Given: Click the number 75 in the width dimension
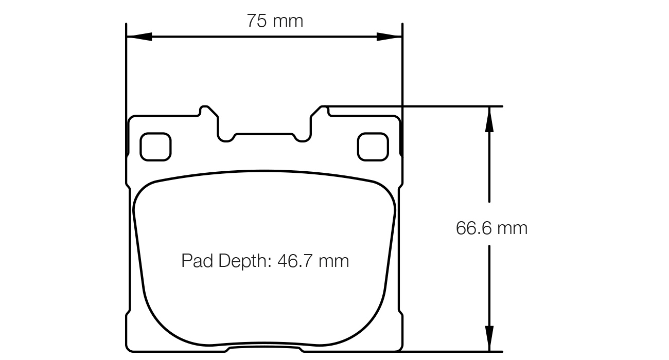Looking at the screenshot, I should (257, 21).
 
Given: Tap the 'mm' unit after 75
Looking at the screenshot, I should (288, 21).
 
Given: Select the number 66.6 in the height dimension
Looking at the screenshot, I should (472, 228).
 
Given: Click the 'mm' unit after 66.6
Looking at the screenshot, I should (512, 228).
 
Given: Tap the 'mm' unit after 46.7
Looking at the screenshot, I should (333, 261).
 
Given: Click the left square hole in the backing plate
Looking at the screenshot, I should (155, 147).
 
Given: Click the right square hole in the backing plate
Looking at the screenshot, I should (373, 147).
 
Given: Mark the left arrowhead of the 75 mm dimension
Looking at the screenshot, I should (139, 37).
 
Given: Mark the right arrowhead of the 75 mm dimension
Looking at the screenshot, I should (389, 37).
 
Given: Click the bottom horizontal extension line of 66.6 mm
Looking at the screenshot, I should (448, 352).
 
